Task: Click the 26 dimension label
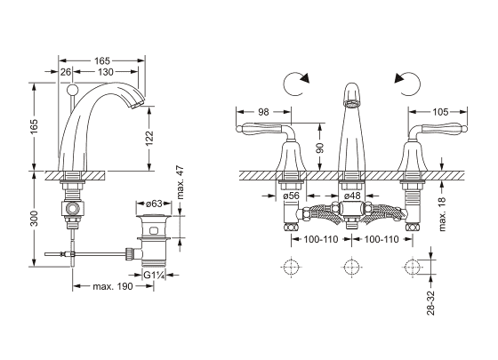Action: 66,72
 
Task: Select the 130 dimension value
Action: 106,72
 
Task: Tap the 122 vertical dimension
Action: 149,139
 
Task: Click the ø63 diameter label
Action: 154,204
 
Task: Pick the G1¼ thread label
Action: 154,275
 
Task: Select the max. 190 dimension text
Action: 113,286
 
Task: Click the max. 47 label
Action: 180,182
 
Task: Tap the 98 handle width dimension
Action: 263,112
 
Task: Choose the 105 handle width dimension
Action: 440,112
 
